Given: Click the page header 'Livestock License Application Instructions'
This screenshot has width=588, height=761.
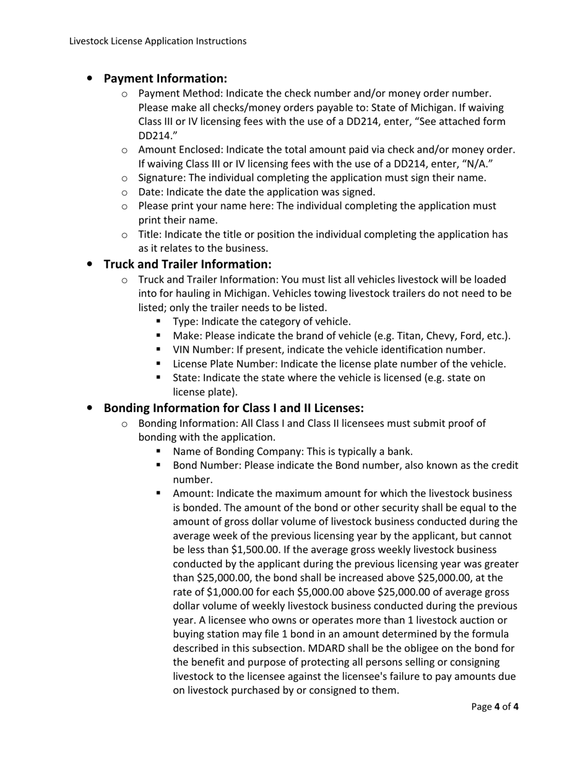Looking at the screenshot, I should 158,41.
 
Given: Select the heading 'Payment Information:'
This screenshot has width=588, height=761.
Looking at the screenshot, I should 165,79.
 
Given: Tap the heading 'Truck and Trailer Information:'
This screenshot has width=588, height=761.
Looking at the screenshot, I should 188,264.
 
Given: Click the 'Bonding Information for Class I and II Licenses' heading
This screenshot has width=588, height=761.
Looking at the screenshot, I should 233,408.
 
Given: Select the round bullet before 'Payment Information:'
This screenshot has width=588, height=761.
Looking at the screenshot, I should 90,79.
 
